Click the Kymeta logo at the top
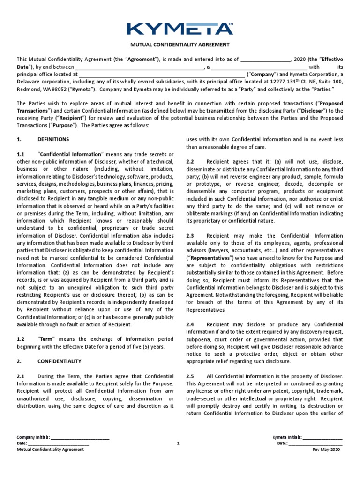coord(180,28)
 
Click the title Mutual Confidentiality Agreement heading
coord(180,45)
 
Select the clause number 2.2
coord(190,161)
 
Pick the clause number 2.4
coord(190,324)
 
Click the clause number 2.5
coord(190,376)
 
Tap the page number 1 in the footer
coord(178,443)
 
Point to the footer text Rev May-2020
coord(327,449)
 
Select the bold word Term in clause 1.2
coord(46,338)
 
